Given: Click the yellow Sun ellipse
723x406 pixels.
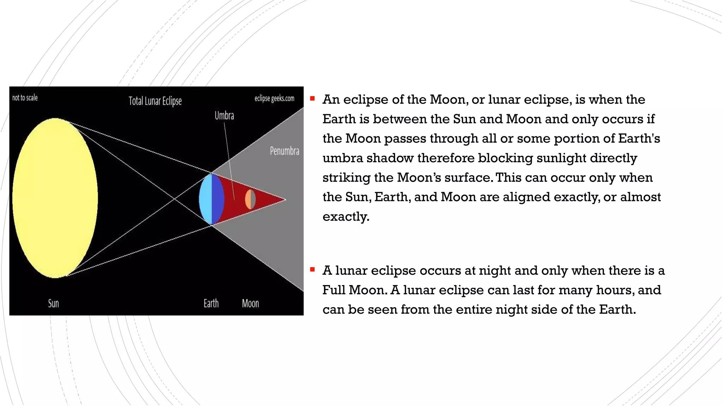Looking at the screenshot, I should (55, 198).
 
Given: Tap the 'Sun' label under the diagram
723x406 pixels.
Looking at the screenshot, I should (53, 303).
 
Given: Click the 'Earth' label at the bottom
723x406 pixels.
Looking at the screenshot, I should (211, 303).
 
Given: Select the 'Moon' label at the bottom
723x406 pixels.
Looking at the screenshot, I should (250, 303).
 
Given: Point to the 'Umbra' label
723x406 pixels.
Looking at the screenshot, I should (224, 116).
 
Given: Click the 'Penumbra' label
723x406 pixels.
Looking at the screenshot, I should (284, 151).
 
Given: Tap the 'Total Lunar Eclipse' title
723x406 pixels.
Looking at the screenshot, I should (155, 101).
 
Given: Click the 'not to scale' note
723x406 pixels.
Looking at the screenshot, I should (25, 98).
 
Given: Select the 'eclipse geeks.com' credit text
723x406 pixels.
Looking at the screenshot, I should (274, 98).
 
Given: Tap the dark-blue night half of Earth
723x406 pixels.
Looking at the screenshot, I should (217, 199).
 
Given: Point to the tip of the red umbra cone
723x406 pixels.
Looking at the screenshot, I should (284, 199).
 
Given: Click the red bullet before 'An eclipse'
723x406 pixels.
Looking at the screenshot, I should (312, 99).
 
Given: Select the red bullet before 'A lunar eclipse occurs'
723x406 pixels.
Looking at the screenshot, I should (312, 270).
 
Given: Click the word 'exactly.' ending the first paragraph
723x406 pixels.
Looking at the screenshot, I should (346, 216).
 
